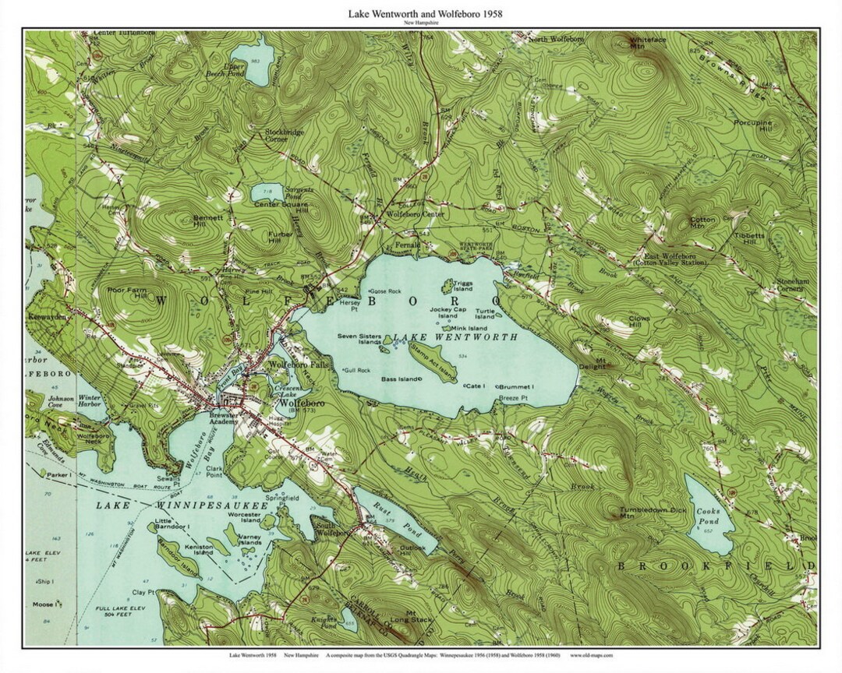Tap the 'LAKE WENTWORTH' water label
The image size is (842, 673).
(455, 337)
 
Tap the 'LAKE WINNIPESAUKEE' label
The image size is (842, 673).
(182, 506)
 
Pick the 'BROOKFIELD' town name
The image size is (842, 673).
(716, 566)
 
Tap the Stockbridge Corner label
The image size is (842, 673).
(283, 136)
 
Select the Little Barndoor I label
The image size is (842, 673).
(172, 523)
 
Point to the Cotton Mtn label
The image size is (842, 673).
(702, 223)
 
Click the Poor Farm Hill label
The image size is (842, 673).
(128, 292)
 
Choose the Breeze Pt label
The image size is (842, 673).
(513, 398)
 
